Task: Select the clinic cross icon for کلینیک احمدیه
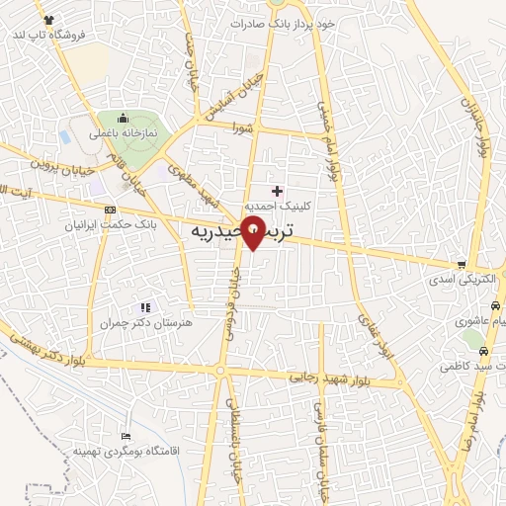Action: pos(277,191)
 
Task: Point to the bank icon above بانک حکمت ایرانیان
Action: pos(109,210)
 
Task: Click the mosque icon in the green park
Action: pos(120,120)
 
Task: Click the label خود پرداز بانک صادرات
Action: pos(284,22)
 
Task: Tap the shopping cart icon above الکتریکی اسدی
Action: pos(462,265)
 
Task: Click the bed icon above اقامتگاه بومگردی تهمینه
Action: pos(125,436)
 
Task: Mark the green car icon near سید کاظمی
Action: pos(481,351)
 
